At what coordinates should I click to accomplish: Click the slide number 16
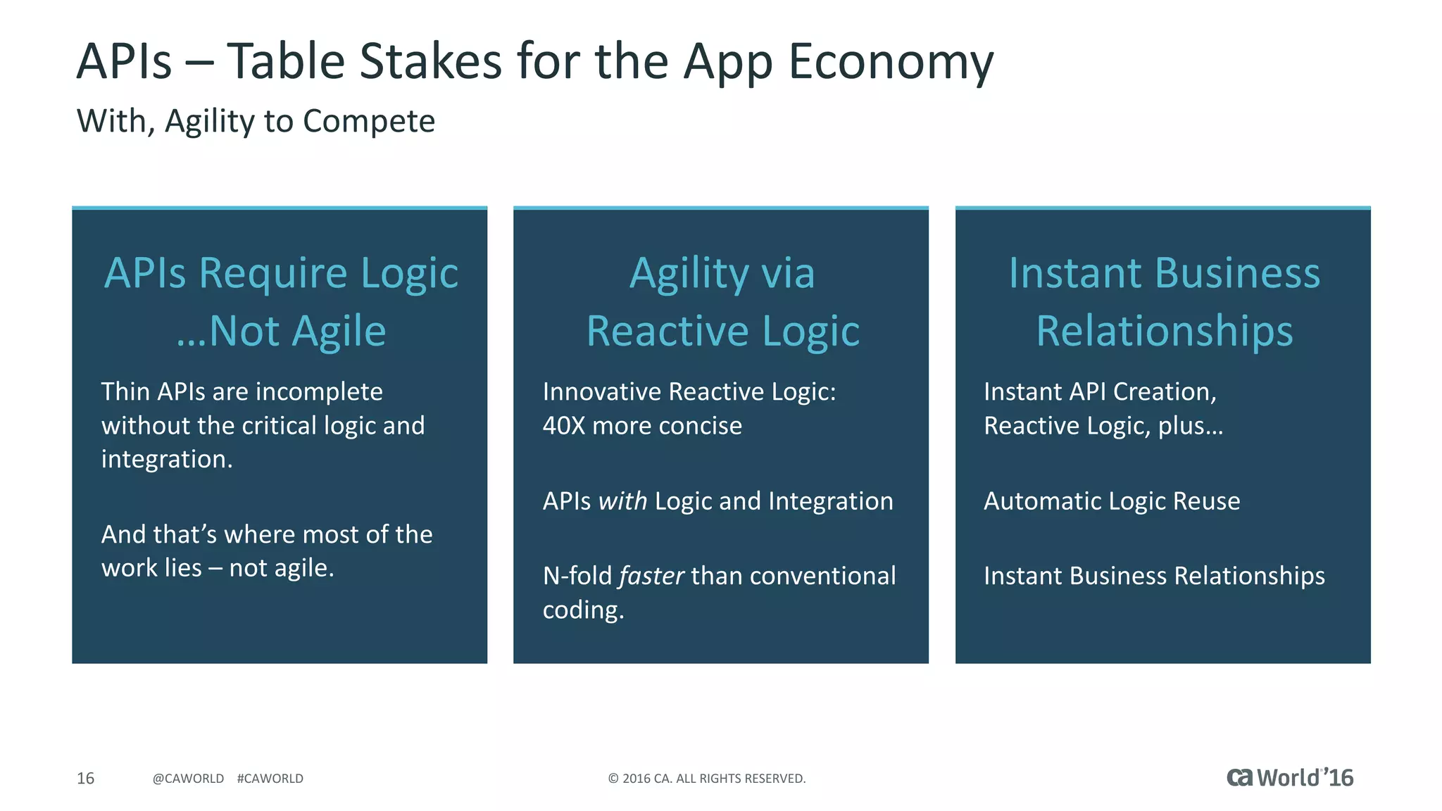(85, 778)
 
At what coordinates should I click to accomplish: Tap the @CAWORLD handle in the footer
(188, 778)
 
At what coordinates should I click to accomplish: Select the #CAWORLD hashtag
(270, 778)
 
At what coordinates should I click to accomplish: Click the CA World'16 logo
(1290, 777)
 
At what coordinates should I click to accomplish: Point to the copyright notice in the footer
(706, 778)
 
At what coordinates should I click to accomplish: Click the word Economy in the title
(890, 62)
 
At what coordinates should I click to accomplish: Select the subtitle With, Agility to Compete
(256, 121)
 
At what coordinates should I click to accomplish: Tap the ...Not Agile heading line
(281, 331)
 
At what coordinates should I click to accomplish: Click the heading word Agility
(689, 274)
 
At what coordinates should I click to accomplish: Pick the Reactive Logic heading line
(722, 331)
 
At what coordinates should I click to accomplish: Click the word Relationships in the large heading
(1165, 331)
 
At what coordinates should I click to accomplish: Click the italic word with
(622, 501)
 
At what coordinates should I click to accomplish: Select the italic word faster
(651, 576)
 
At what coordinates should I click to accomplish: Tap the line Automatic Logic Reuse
(1112, 501)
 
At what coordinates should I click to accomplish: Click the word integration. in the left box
(167, 459)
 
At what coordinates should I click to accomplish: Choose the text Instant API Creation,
(1100, 391)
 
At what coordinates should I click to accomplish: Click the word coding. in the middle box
(583, 610)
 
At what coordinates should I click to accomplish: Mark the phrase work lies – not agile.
(218, 567)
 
